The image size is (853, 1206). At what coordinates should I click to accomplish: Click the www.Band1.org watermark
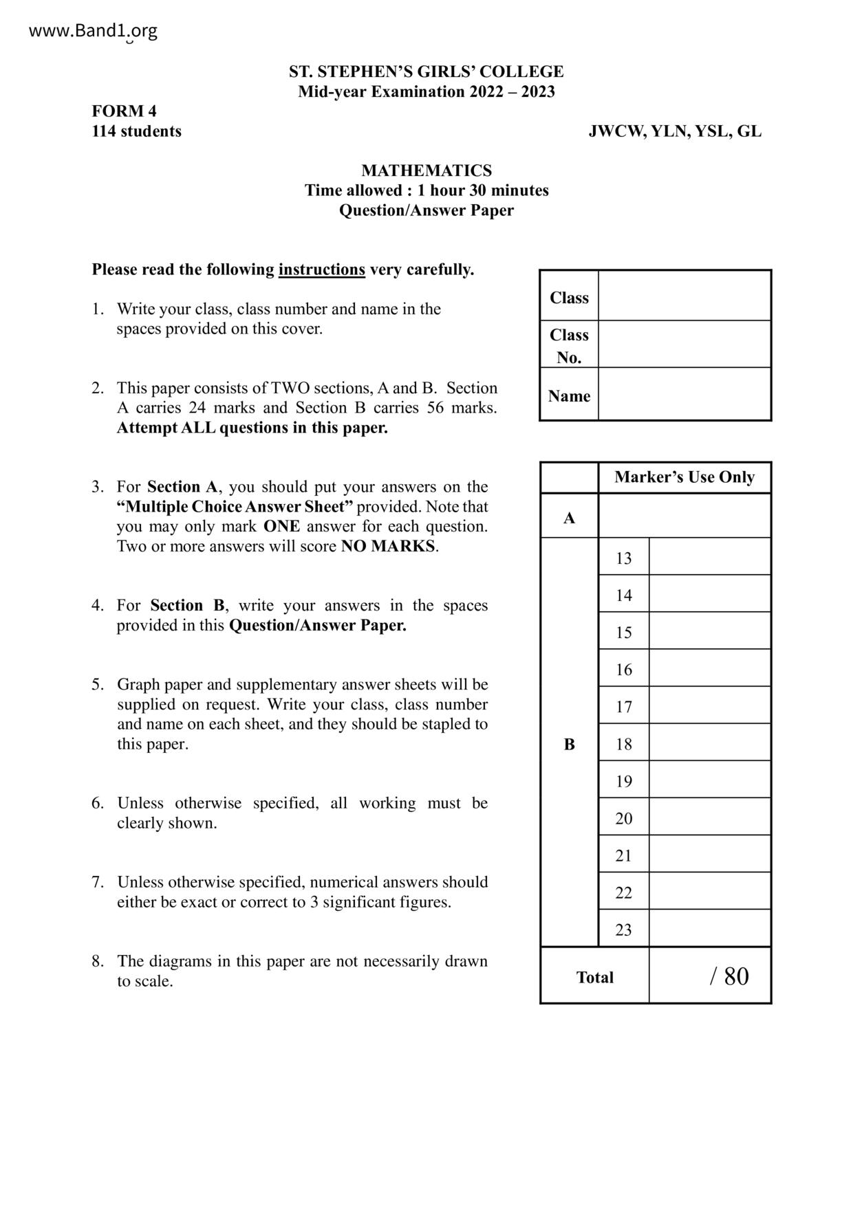coord(94,31)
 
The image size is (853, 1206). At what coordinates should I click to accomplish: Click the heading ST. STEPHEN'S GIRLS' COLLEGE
coord(426,72)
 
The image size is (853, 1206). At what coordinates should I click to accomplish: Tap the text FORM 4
coord(125,111)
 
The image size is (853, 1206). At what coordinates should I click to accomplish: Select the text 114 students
coord(137,131)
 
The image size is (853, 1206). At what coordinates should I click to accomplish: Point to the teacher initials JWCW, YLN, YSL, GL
coord(675,131)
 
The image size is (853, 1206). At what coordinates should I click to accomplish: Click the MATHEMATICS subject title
coord(426,171)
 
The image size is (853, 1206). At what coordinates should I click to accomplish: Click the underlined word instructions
coord(321,270)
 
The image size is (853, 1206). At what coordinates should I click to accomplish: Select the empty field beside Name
coord(684,395)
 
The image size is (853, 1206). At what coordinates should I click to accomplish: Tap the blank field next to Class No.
coord(684,344)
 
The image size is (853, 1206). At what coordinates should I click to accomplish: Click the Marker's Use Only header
coord(684,477)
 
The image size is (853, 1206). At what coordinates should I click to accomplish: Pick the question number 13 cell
coord(623,558)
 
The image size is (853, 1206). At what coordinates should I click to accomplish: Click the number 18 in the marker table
coord(623,744)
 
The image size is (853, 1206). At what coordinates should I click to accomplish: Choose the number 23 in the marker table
coord(623,930)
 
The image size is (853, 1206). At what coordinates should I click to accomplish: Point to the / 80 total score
coord(728,976)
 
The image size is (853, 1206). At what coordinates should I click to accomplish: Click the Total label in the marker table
coord(594,977)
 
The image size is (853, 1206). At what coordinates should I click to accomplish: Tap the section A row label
coord(569,518)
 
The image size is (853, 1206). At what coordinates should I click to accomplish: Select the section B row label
coord(569,744)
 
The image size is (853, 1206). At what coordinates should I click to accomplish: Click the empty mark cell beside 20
coord(709,818)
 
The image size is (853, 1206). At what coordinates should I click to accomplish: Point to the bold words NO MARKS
coord(388,547)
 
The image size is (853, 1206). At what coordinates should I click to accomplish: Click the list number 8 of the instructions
coord(98,961)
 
